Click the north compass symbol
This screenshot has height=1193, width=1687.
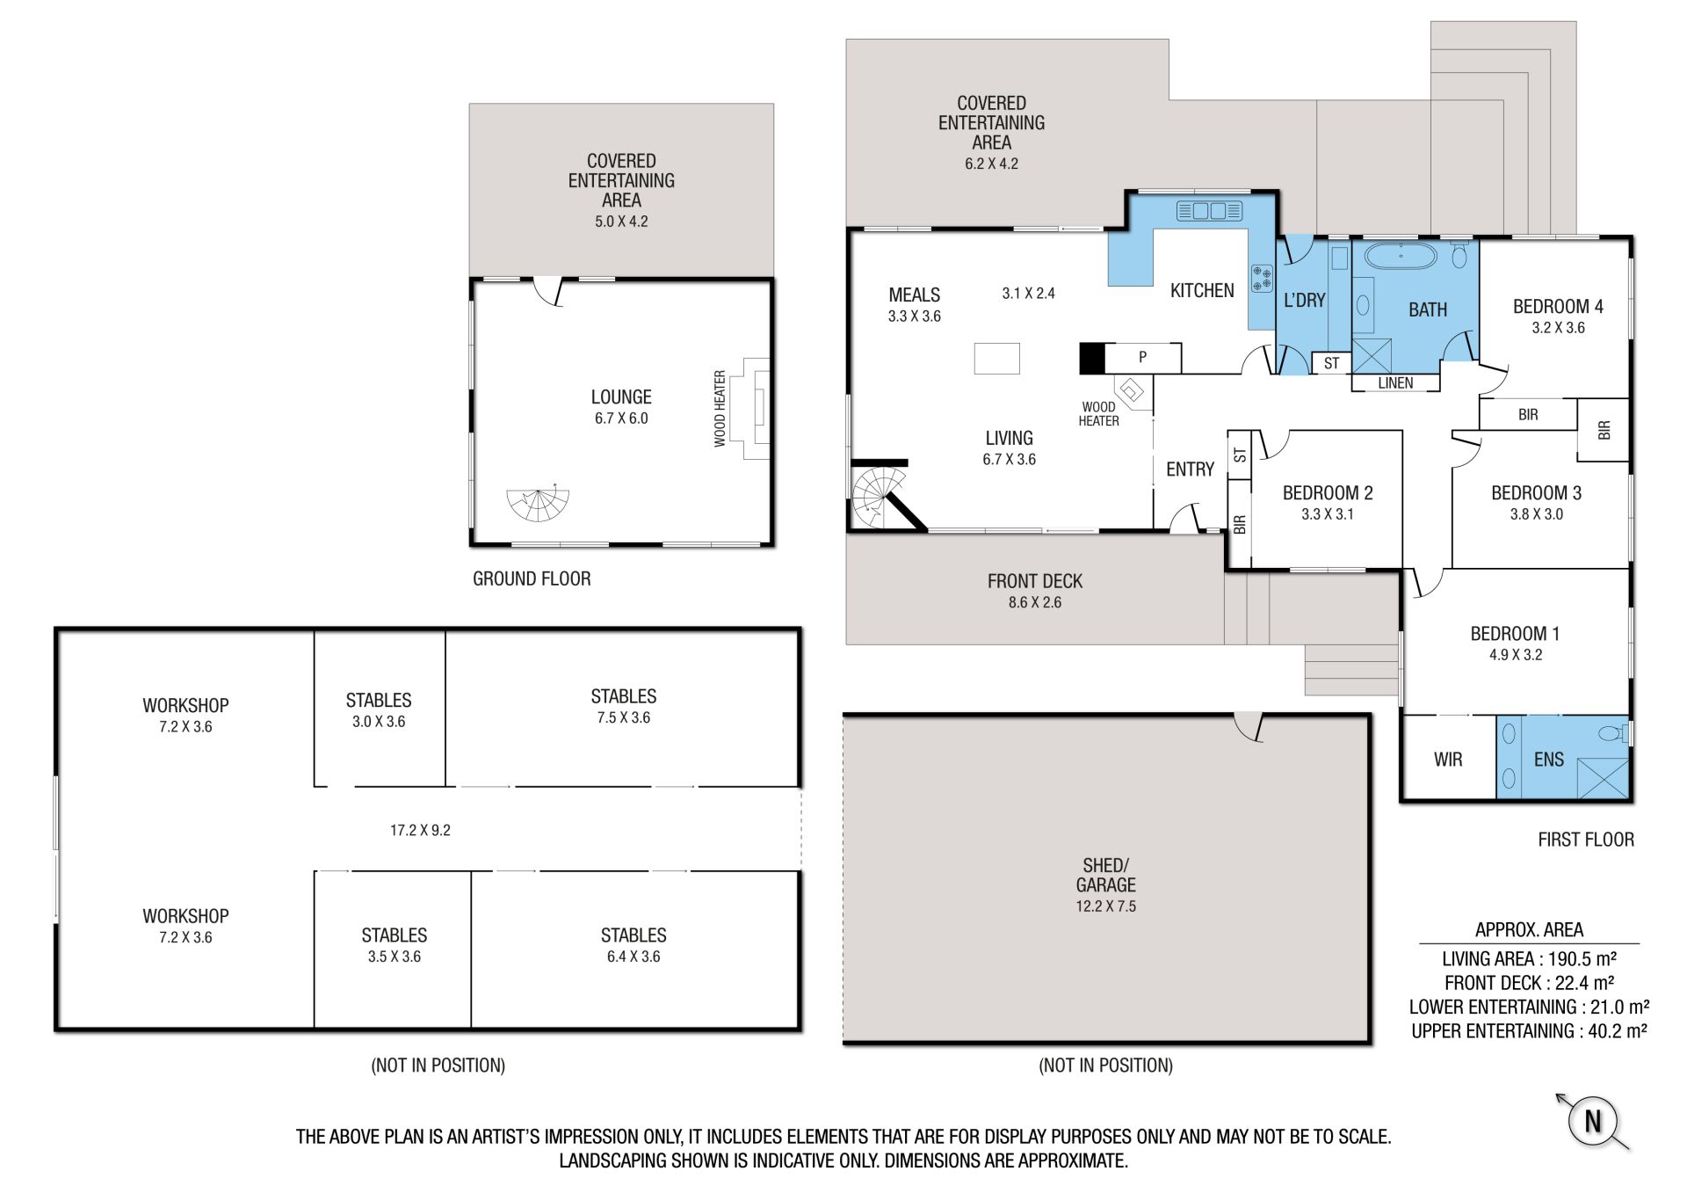(x=1592, y=1121)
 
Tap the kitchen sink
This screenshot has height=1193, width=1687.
(x=1209, y=211)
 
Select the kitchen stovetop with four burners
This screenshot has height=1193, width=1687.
(x=1262, y=278)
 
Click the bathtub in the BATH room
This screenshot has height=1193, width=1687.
(x=1401, y=257)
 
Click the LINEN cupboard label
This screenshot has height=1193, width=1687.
(x=1395, y=382)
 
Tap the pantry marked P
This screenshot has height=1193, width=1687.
(x=1142, y=357)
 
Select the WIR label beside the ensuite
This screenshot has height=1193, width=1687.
(x=1448, y=759)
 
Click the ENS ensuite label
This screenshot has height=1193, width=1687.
(x=1548, y=759)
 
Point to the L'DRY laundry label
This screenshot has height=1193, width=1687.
(x=1304, y=300)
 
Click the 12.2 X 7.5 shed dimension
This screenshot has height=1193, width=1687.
(x=1105, y=906)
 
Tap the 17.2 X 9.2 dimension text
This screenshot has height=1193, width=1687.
(x=420, y=830)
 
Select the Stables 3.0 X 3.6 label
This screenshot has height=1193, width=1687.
(x=379, y=710)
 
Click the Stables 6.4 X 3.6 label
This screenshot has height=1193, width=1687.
(x=634, y=945)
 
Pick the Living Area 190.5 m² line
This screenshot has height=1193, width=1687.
(x=1529, y=959)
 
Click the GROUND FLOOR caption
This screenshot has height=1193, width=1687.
(x=532, y=578)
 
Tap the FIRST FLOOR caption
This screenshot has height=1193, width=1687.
(x=1586, y=840)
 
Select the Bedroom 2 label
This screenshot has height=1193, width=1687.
(x=1328, y=493)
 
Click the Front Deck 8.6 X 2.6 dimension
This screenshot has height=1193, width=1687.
(x=1035, y=602)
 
